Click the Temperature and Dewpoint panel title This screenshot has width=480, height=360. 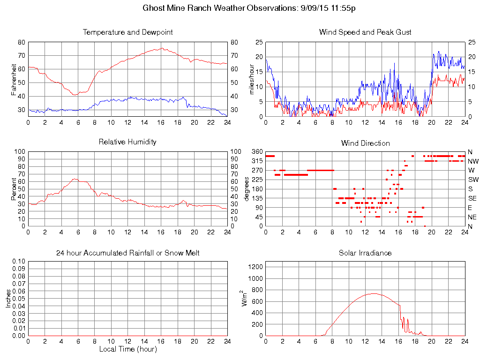127,32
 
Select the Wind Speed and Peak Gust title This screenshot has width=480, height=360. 365,32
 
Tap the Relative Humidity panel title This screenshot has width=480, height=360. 127,142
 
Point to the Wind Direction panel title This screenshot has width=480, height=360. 365,143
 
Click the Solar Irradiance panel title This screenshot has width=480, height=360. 365,253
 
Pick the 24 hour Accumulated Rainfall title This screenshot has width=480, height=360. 127,253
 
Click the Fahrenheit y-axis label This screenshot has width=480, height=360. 15,79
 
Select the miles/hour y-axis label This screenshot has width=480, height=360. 252,79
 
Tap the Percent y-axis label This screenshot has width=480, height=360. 15,188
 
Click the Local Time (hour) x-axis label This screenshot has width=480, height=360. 127,349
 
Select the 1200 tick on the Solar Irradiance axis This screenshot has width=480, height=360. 257,267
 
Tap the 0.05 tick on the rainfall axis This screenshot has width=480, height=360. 19,298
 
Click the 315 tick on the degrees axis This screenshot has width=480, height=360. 257,161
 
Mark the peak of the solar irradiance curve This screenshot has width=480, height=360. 374,293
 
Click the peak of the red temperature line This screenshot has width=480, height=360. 162,48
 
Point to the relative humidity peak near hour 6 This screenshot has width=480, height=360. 74,179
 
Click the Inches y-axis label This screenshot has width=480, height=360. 8,298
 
